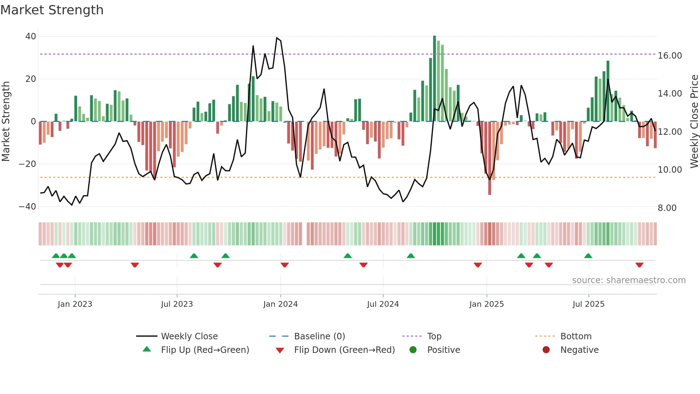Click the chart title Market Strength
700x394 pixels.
click(x=52, y=10)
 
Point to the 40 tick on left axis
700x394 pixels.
click(x=31, y=36)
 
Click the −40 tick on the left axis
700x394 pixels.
click(x=27, y=207)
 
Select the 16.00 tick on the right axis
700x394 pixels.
click(x=670, y=56)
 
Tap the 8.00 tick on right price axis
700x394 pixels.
click(x=667, y=208)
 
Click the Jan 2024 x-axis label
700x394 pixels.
click(x=280, y=304)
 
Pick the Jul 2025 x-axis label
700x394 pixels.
click(x=588, y=304)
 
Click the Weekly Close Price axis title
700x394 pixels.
click(x=694, y=122)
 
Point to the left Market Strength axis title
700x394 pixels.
click(x=6, y=122)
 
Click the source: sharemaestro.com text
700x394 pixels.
click(x=629, y=280)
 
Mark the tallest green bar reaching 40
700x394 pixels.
click(x=434, y=79)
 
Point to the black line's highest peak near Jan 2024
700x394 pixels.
click(x=277, y=38)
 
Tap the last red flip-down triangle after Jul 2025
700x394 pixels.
click(x=639, y=265)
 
